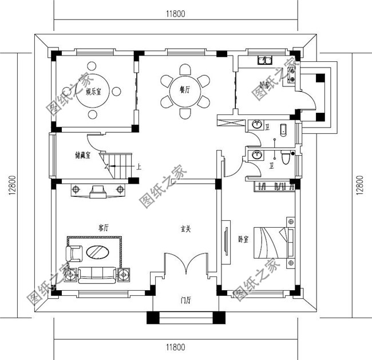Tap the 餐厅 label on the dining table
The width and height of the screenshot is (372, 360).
click(x=184, y=90)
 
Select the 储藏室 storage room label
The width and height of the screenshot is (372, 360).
click(x=83, y=155)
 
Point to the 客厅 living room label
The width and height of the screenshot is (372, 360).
click(x=103, y=228)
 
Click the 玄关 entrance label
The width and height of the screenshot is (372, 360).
click(x=185, y=229)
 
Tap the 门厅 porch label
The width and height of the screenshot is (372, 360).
click(x=185, y=299)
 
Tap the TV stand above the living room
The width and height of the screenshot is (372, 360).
click(x=97, y=191)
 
